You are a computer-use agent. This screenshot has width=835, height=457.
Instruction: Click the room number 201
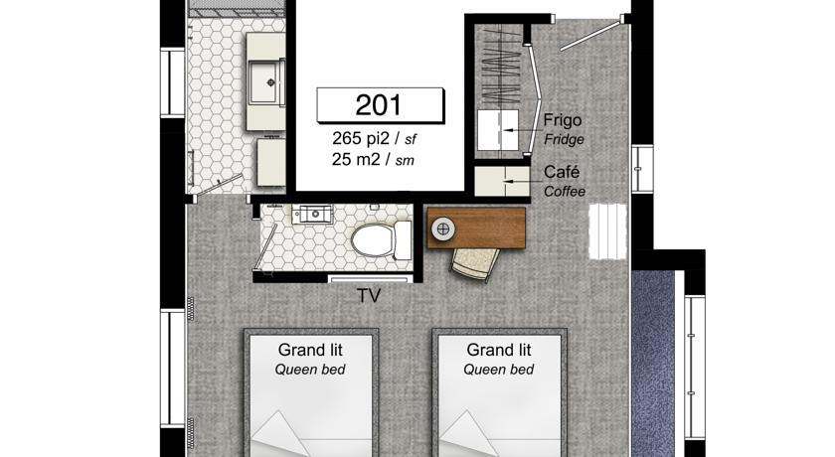(x=378, y=104)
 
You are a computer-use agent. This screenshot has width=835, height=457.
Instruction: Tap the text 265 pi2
(x=361, y=138)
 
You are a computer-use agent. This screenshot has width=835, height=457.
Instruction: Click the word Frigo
(x=563, y=121)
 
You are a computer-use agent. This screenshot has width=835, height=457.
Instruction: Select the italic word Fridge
(x=564, y=140)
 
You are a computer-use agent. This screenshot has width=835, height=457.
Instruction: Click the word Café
(x=562, y=172)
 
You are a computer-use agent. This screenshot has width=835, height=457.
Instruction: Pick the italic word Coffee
(x=565, y=191)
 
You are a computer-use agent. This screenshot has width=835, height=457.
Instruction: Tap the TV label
(x=369, y=296)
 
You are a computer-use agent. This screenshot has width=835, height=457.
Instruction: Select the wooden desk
(x=476, y=228)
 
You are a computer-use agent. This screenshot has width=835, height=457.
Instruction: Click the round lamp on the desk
(x=443, y=229)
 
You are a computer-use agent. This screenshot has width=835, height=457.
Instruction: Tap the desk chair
(x=475, y=263)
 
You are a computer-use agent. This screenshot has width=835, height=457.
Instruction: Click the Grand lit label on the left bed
(x=310, y=350)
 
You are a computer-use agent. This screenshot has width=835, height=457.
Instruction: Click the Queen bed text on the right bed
(x=498, y=370)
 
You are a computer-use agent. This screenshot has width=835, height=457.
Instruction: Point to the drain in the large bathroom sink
(x=271, y=81)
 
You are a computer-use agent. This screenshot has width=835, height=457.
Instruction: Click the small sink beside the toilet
(x=315, y=214)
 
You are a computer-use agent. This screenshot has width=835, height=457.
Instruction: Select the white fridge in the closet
(x=498, y=130)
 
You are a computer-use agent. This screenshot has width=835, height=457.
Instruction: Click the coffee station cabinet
(x=502, y=182)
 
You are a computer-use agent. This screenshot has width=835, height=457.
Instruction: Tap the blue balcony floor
(x=653, y=363)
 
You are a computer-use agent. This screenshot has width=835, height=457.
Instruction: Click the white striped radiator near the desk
(x=607, y=231)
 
